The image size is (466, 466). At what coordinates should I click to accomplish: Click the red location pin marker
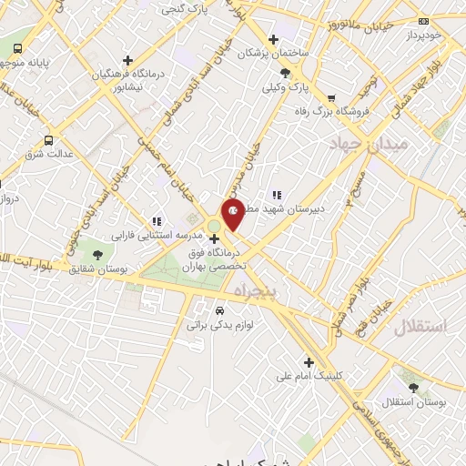pyautogui.click(x=233, y=212)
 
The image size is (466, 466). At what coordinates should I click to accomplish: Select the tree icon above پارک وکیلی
pyautogui.click(x=286, y=73)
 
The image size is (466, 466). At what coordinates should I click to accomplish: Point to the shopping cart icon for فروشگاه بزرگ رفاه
pyautogui.click(x=331, y=98)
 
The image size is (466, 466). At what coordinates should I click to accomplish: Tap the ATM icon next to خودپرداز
pyautogui.click(x=421, y=20)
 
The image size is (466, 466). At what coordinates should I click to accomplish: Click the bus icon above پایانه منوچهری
pyautogui.click(x=18, y=48)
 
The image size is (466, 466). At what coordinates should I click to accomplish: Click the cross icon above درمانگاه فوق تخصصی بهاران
pyautogui.click(x=214, y=239)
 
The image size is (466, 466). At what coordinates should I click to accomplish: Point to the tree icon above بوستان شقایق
pyautogui.click(x=98, y=253)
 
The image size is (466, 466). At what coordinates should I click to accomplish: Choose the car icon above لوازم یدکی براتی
pyautogui.click(x=216, y=309)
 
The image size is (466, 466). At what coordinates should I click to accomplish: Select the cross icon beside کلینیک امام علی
pyautogui.click(x=309, y=361)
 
